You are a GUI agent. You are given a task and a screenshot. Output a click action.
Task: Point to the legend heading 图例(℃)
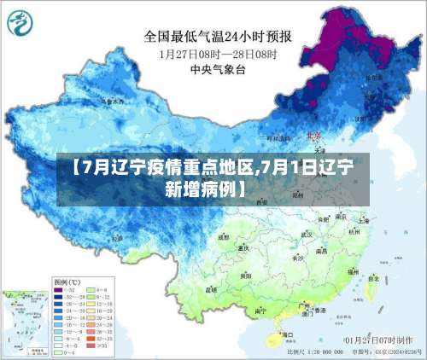[x=67, y=281]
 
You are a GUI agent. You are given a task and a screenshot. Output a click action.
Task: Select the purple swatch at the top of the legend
[x=62, y=290]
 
